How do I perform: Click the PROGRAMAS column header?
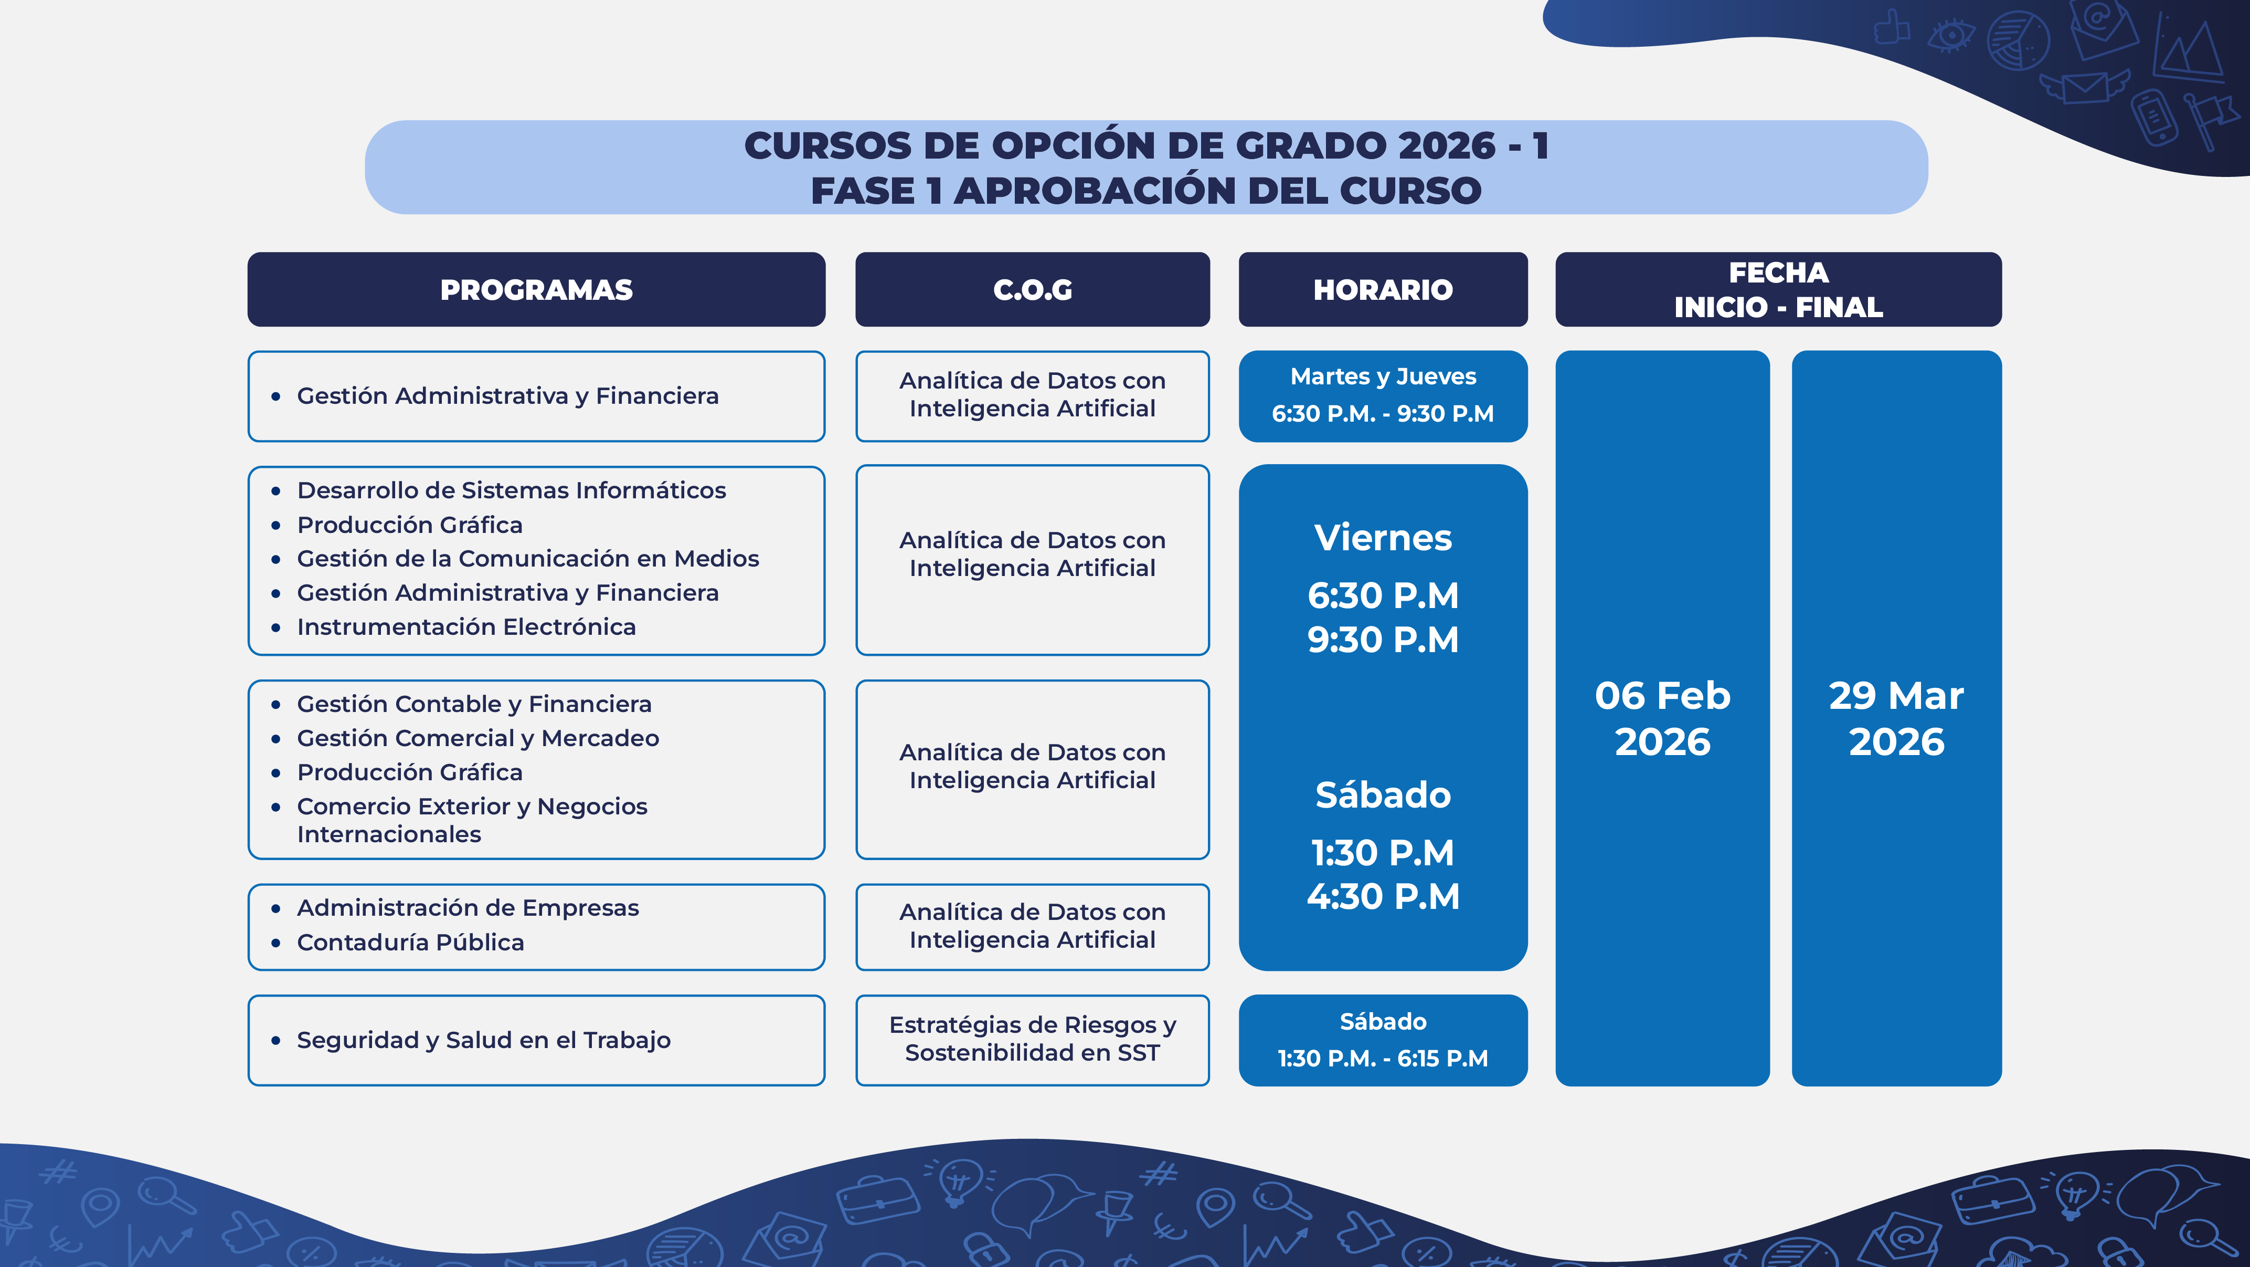tap(536, 289)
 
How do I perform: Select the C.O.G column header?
tap(1033, 289)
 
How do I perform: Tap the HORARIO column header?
tap(1383, 289)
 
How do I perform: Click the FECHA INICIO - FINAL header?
tap(1778, 289)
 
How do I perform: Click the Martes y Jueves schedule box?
tap(1383, 396)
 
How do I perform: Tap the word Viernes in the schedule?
tap(1383, 537)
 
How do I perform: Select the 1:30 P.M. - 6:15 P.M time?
tap(1383, 1058)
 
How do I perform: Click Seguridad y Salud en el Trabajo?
tap(484, 1040)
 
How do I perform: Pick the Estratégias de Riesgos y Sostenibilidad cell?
tap(1033, 1040)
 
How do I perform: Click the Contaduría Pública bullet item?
tap(410, 942)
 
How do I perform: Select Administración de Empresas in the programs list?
tap(468, 908)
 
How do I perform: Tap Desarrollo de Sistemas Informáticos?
tap(512, 490)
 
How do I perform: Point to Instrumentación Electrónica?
tap(466, 626)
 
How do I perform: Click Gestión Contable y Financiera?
tap(474, 704)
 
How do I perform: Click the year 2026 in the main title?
tap(1447, 145)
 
